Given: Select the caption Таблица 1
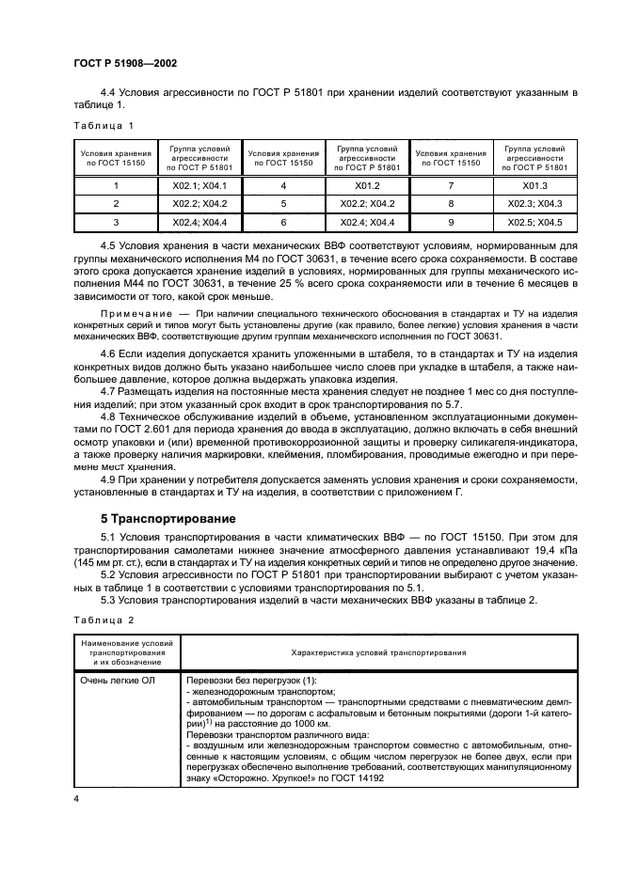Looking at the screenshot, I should pos(104,125).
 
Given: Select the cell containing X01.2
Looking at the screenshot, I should pos(361,186).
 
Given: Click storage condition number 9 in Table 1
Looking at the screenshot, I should pos(451,222).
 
